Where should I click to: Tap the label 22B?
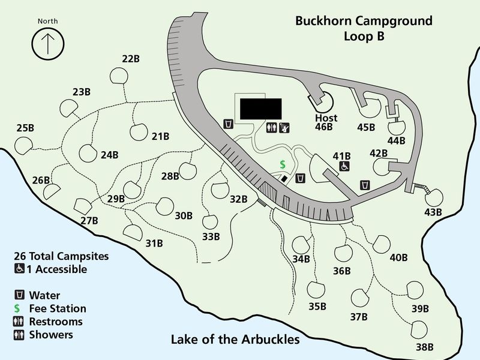[130, 59]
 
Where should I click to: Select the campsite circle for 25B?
[24, 145]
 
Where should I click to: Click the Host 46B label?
[326, 122]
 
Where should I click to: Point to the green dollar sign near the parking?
[283, 164]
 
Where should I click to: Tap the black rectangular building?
[261, 110]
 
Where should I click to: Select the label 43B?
[433, 212]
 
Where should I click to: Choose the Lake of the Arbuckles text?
[235, 340]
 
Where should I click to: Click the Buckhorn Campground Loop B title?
[364, 28]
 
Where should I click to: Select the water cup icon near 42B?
[365, 185]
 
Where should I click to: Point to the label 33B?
[211, 236]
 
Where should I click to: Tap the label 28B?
[170, 176]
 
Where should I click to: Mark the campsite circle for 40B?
[382, 244]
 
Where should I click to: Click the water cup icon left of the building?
[229, 124]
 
